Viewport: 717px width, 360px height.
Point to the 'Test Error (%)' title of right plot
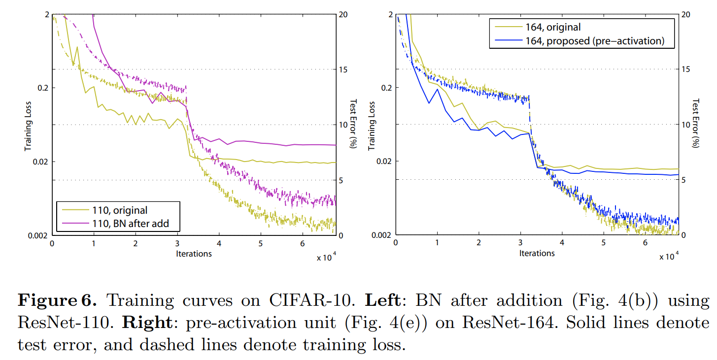[695, 123]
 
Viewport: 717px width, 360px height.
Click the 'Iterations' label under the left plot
[194, 254]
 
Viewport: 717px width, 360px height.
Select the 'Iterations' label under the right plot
[537, 253]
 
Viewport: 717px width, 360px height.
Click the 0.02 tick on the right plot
[382, 161]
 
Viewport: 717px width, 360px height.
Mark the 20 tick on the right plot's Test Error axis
[688, 14]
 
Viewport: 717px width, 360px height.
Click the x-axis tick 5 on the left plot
[261, 244]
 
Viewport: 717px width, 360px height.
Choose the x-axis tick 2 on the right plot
[478, 244]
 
